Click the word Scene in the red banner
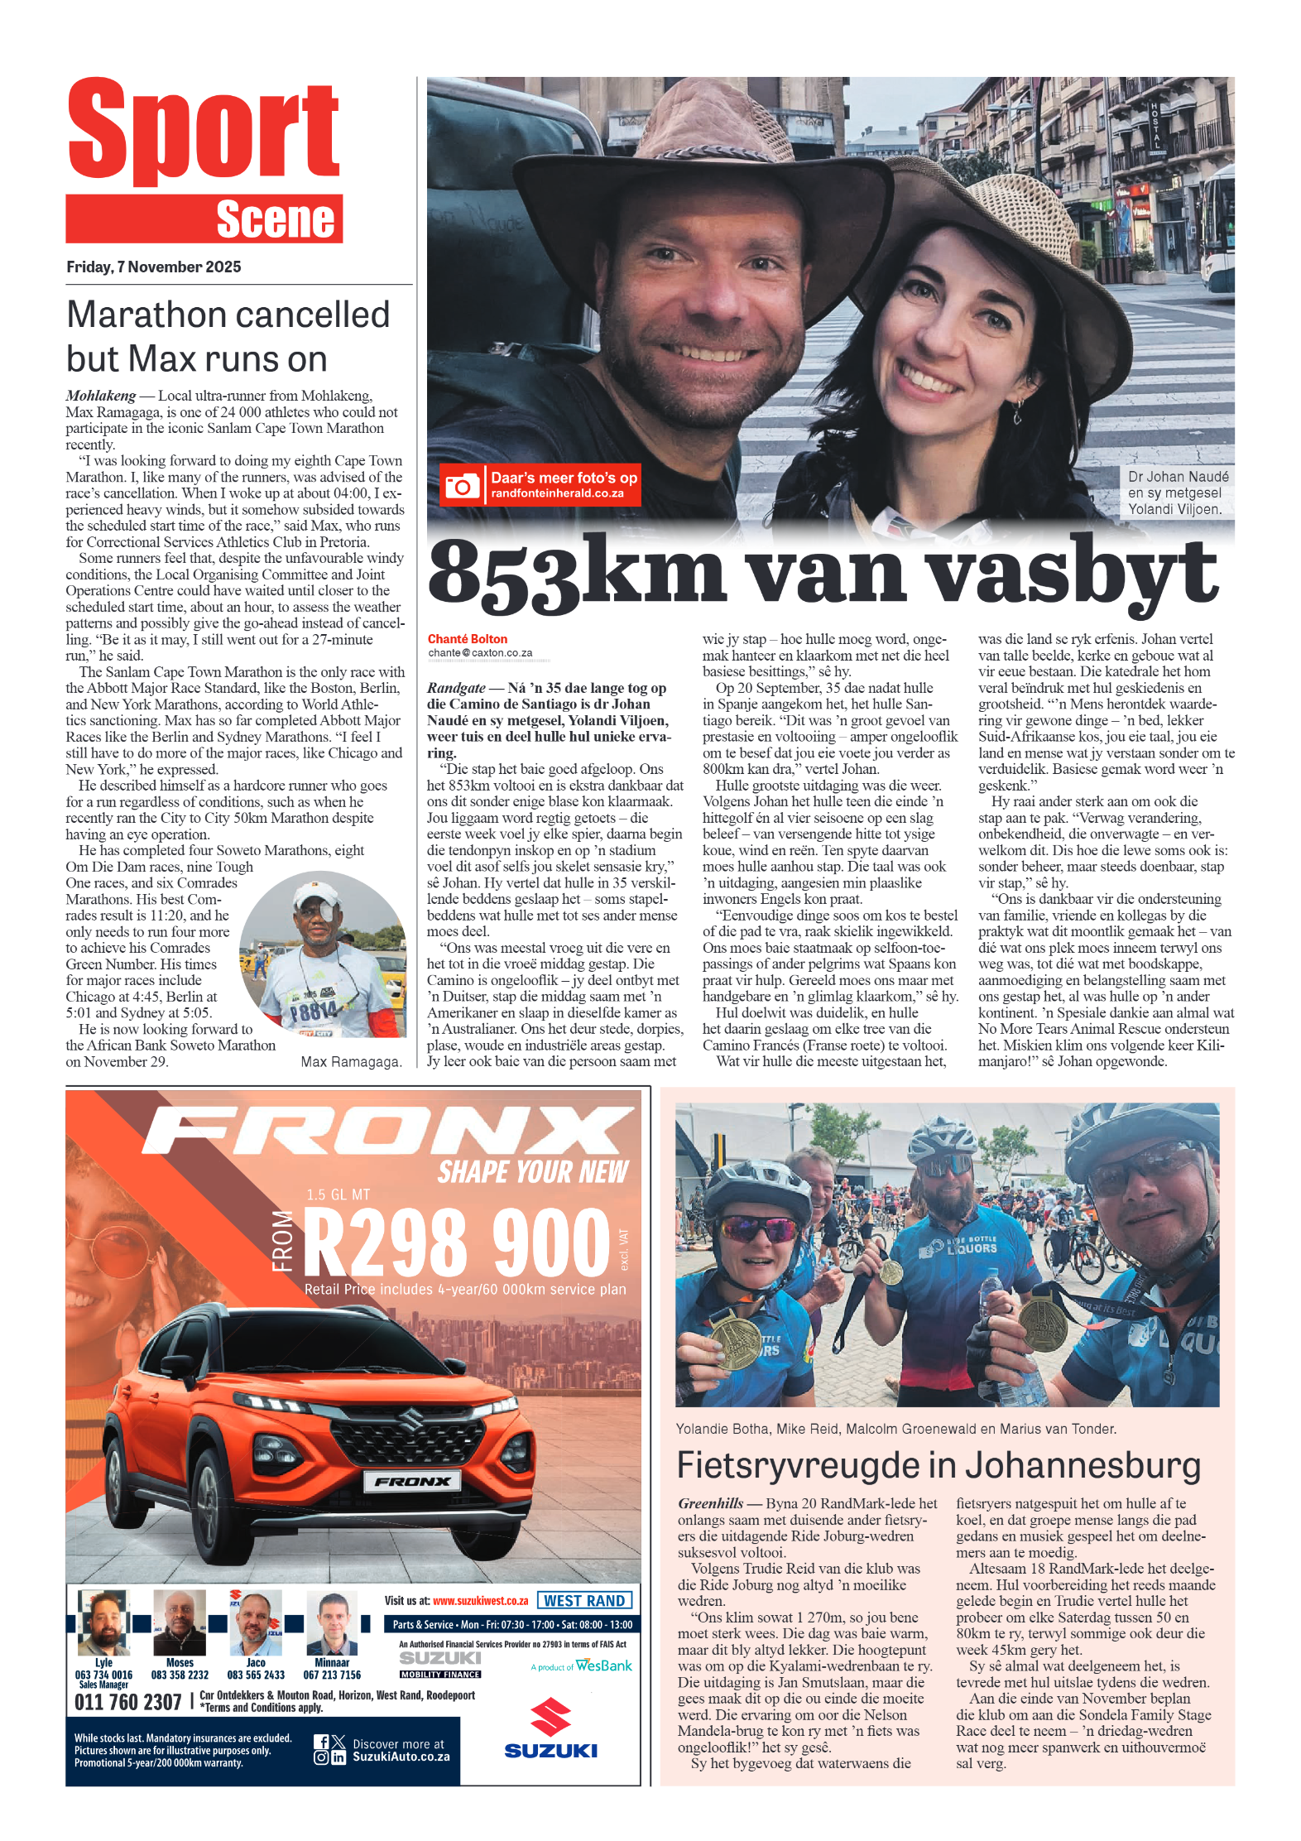click(275, 219)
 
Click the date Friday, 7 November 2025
click(154, 267)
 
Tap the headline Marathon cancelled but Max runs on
click(228, 336)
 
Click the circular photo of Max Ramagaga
click(324, 954)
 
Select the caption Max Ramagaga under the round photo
click(351, 1062)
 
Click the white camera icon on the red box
click(462, 486)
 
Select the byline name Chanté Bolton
click(468, 639)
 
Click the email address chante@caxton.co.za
click(480, 653)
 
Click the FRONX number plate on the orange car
click(413, 1482)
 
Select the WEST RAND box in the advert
click(584, 1601)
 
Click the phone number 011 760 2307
click(127, 1702)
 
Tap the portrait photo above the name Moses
click(180, 1623)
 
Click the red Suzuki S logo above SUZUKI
click(550, 1717)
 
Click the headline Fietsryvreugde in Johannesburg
click(939, 1466)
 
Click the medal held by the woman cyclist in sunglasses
click(735, 1341)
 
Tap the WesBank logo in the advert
click(603, 1666)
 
